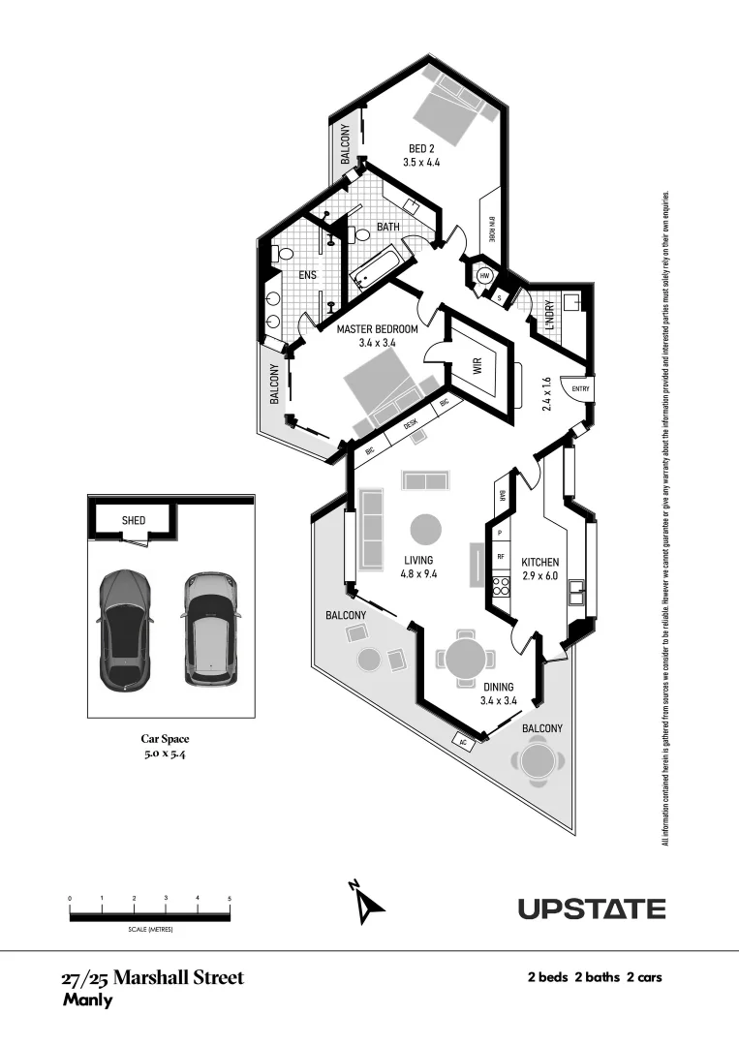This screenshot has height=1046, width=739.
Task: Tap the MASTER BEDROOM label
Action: [x=377, y=330]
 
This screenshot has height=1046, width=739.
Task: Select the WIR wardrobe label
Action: [x=477, y=367]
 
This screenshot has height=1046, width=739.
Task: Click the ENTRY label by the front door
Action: [x=580, y=389]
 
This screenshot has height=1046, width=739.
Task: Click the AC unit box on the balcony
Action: [x=464, y=742]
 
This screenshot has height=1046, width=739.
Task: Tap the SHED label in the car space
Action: [x=134, y=520]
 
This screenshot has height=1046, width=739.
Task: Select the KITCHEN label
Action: [x=539, y=563]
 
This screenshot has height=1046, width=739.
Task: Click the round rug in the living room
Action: [x=425, y=529]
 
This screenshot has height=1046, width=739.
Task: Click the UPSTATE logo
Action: [x=591, y=908]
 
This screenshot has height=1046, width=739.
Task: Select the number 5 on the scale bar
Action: [x=230, y=899]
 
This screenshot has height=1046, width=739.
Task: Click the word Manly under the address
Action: [x=87, y=1000]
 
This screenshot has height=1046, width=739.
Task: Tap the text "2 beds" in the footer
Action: [x=547, y=977]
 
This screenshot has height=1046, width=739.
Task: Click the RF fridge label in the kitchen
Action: [x=501, y=557]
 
